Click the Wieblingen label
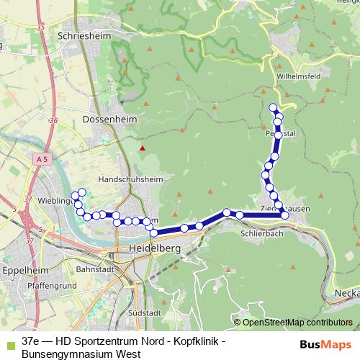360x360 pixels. tap(55, 201)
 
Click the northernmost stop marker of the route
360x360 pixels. tap(273, 107)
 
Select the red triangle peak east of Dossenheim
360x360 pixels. tap(143, 149)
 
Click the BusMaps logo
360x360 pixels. tap(326, 345)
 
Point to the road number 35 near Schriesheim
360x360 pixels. tap(40, 27)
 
